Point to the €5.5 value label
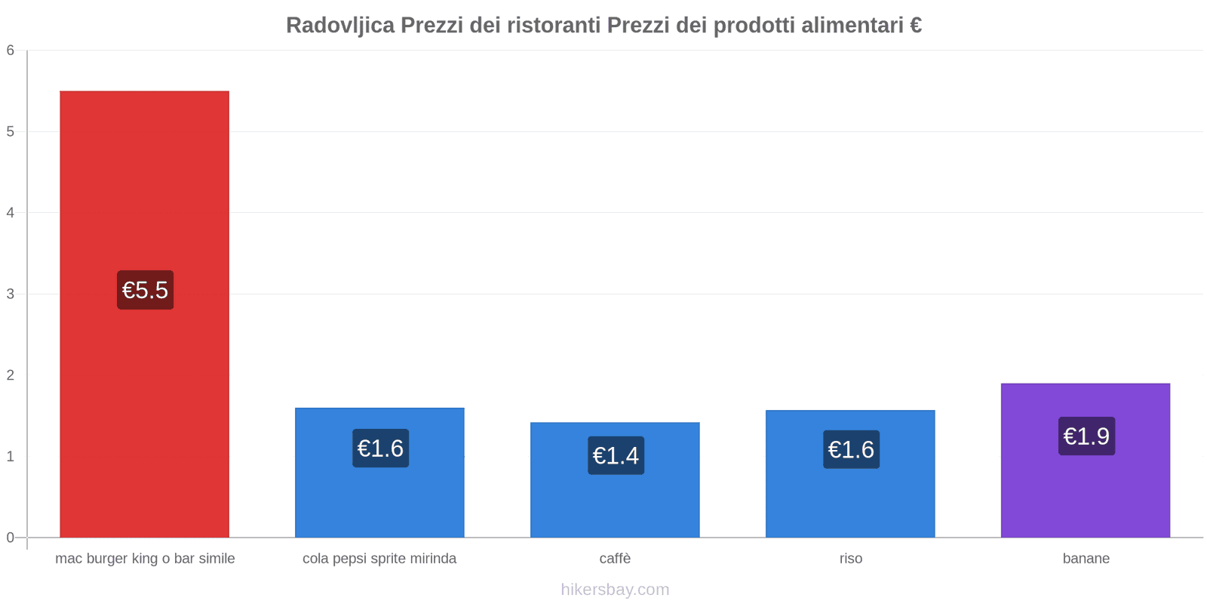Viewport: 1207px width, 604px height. (x=145, y=290)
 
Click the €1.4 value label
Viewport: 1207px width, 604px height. (x=616, y=455)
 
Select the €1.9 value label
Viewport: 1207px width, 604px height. (x=1086, y=436)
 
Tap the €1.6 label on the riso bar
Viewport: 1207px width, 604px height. (x=851, y=449)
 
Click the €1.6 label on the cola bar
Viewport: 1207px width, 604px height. (x=380, y=448)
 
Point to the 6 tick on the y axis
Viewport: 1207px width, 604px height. (x=11, y=51)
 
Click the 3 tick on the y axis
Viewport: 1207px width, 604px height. (x=11, y=294)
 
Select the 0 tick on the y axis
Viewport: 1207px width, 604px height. (x=11, y=538)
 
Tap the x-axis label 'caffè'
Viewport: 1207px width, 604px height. (x=615, y=559)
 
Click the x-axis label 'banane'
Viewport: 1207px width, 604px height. (x=1086, y=559)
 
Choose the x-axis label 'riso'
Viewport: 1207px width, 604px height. (x=850, y=559)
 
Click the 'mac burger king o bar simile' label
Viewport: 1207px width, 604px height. (x=145, y=559)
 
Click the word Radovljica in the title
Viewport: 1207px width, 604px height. (x=340, y=26)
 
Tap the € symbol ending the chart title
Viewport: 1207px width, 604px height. (x=915, y=26)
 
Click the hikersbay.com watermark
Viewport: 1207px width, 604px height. (x=615, y=590)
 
